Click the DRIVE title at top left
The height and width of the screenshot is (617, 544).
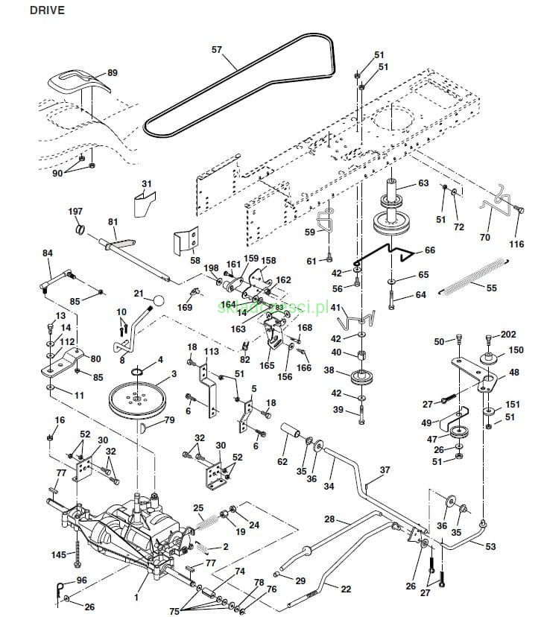coord(27,10)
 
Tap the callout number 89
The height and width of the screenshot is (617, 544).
coord(113,73)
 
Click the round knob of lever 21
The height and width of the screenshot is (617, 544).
coord(158,300)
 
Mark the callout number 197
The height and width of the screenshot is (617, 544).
coord(75,212)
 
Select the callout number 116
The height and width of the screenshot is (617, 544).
coord(516,244)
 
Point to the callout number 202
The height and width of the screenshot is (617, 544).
coord(508,335)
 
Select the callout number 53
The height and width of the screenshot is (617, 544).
coord(490,546)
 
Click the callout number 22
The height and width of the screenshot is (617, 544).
coord(346,589)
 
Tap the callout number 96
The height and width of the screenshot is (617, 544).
coord(81,580)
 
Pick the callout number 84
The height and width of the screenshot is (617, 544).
coord(48,253)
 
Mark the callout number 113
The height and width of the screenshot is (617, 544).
coord(212,352)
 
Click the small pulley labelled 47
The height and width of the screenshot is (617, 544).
coord(458,432)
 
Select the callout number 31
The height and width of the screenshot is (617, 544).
coord(146,183)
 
